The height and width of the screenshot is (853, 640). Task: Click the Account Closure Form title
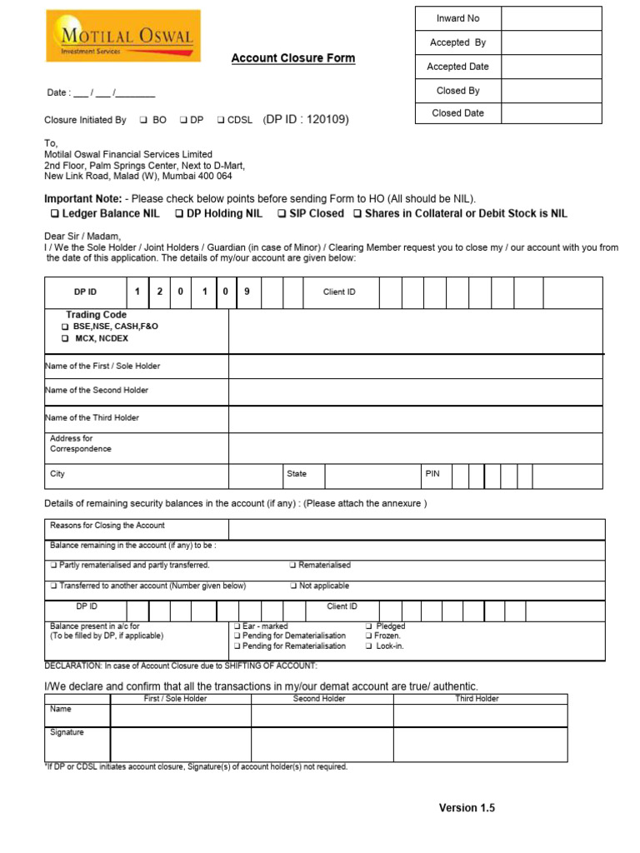tap(292, 58)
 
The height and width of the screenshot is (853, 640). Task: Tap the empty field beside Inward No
tap(550, 18)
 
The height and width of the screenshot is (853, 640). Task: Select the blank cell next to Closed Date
tap(550, 113)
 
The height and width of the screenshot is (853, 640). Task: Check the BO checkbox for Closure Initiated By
tap(143, 121)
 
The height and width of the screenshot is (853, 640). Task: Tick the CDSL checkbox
tap(221, 121)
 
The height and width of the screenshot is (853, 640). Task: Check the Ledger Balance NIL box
tap(55, 214)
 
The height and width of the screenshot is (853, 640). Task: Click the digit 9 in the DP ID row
tap(247, 292)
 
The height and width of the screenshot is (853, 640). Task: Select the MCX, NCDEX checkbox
tap(65, 339)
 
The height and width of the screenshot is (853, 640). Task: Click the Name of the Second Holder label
tap(97, 390)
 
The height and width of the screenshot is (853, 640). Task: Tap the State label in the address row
tap(297, 474)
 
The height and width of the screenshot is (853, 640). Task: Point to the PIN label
tap(432, 474)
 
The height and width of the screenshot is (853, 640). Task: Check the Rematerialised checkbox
tap(293, 566)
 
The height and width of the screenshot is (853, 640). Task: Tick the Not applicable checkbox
tap(293, 586)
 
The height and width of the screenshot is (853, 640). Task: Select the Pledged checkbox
tap(369, 626)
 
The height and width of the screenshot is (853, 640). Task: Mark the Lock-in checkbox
tap(369, 646)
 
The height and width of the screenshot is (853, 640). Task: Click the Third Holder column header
tap(477, 699)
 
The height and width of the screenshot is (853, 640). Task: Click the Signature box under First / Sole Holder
tap(180, 744)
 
